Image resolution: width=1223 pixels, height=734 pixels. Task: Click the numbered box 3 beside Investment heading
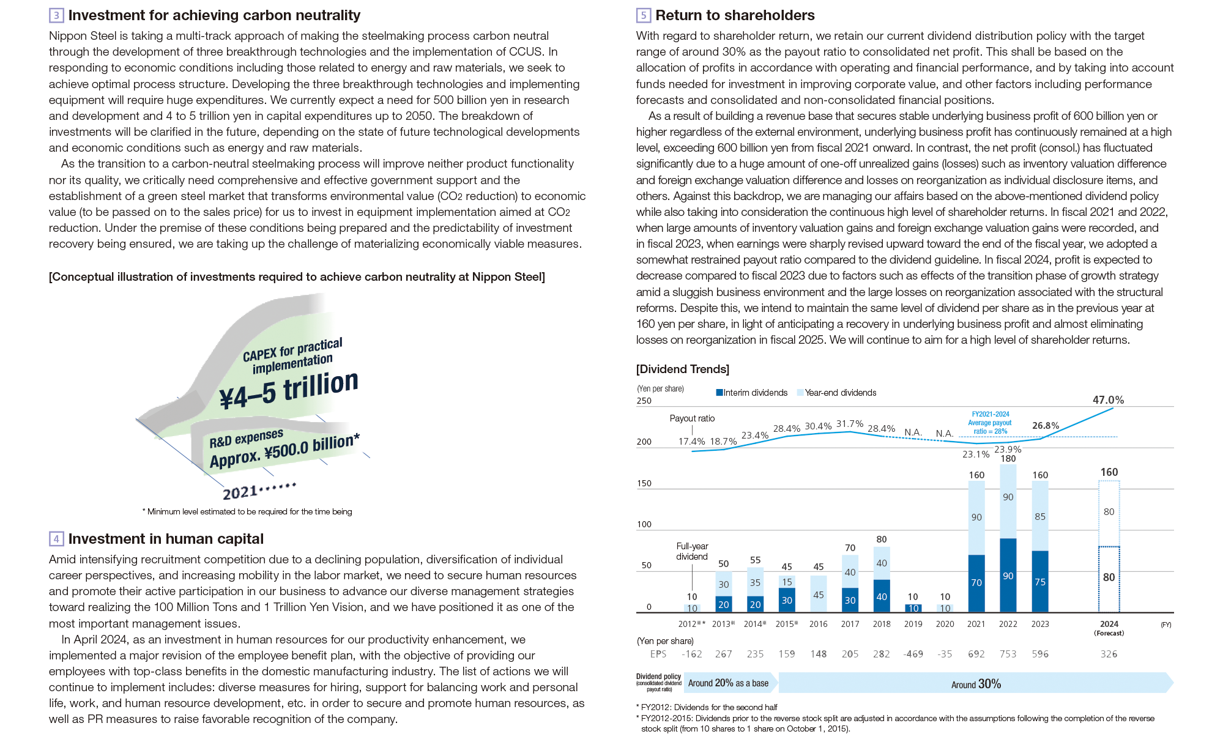pos(56,15)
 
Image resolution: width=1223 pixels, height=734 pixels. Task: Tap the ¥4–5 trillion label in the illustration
pos(289,390)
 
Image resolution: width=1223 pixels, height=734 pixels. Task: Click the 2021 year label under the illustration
pos(240,492)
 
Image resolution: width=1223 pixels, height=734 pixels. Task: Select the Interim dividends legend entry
pos(752,393)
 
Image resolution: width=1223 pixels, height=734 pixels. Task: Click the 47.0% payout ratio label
pos(1108,400)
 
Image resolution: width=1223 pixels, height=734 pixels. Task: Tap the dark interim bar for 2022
pos(1008,575)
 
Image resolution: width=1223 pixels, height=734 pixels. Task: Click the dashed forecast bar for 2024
pos(1109,546)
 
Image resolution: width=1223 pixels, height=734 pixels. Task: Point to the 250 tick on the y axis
pos(644,401)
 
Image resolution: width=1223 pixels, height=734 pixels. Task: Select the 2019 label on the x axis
pos(913,624)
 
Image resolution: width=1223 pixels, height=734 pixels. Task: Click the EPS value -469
pos(913,654)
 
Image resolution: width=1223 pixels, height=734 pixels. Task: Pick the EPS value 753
pos(1008,654)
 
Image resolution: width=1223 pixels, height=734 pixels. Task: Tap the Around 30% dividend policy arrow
pos(975,683)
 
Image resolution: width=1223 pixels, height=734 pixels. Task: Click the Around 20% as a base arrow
pos(729,683)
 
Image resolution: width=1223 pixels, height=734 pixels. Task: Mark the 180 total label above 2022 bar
pos(1008,459)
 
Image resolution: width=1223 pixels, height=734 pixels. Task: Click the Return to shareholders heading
pos(734,15)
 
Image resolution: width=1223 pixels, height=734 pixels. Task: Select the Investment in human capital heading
pos(166,539)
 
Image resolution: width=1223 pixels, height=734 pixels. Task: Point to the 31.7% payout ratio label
pos(849,424)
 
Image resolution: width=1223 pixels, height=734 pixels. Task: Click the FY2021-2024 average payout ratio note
pos(989,423)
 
